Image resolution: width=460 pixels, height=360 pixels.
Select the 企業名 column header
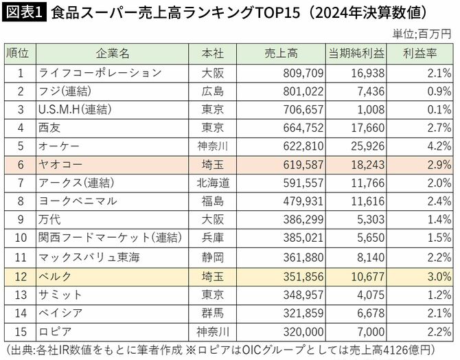109,54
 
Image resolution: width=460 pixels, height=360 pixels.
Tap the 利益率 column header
427,54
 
